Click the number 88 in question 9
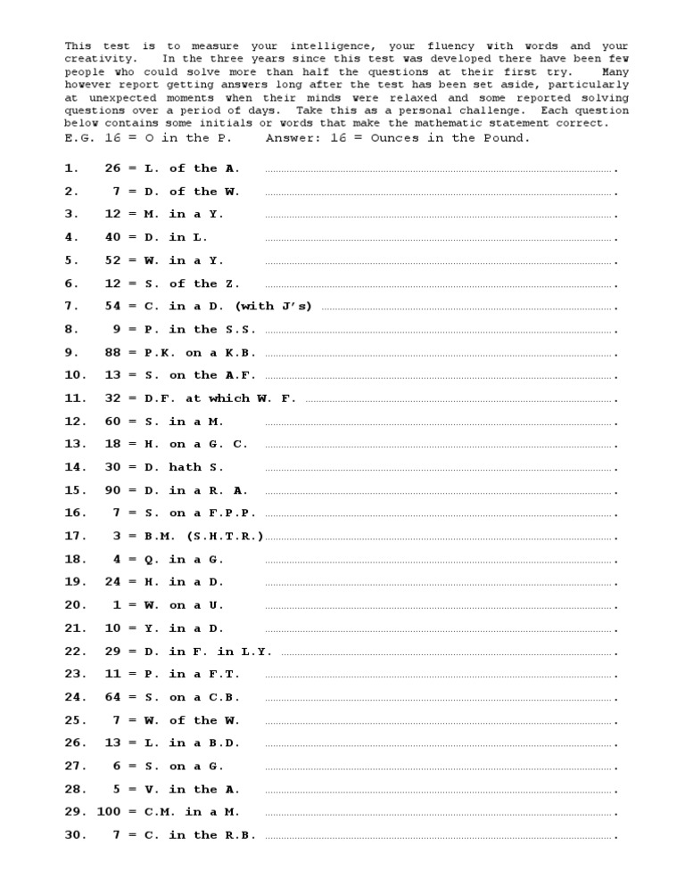112,352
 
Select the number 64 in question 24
112,697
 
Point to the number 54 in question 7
112,306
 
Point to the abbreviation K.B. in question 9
237,352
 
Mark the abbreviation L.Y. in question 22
257,651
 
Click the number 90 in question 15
112,490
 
